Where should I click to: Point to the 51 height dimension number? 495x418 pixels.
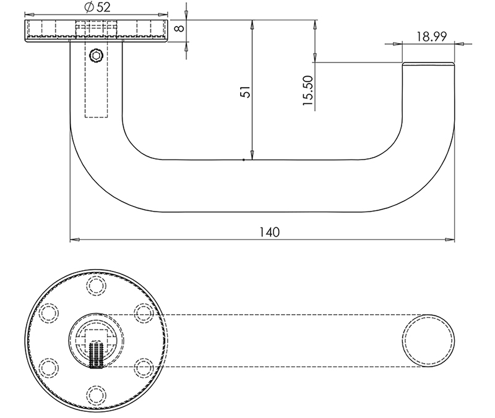(246, 92)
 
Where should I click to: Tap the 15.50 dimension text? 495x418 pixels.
(308, 92)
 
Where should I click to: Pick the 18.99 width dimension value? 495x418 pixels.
(431, 36)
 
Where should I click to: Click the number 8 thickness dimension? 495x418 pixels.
(179, 28)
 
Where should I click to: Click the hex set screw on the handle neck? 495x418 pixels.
(95, 56)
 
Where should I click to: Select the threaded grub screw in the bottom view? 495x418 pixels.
(96, 354)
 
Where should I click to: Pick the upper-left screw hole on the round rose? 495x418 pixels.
(48, 313)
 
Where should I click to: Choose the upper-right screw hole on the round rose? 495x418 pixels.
(144, 313)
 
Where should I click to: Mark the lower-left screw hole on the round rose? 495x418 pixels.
(48, 367)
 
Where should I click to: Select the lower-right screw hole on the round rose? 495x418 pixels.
(144, 367)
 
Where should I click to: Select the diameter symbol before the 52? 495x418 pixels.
(87, 7)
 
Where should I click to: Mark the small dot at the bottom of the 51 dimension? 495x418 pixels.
(245, 160)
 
